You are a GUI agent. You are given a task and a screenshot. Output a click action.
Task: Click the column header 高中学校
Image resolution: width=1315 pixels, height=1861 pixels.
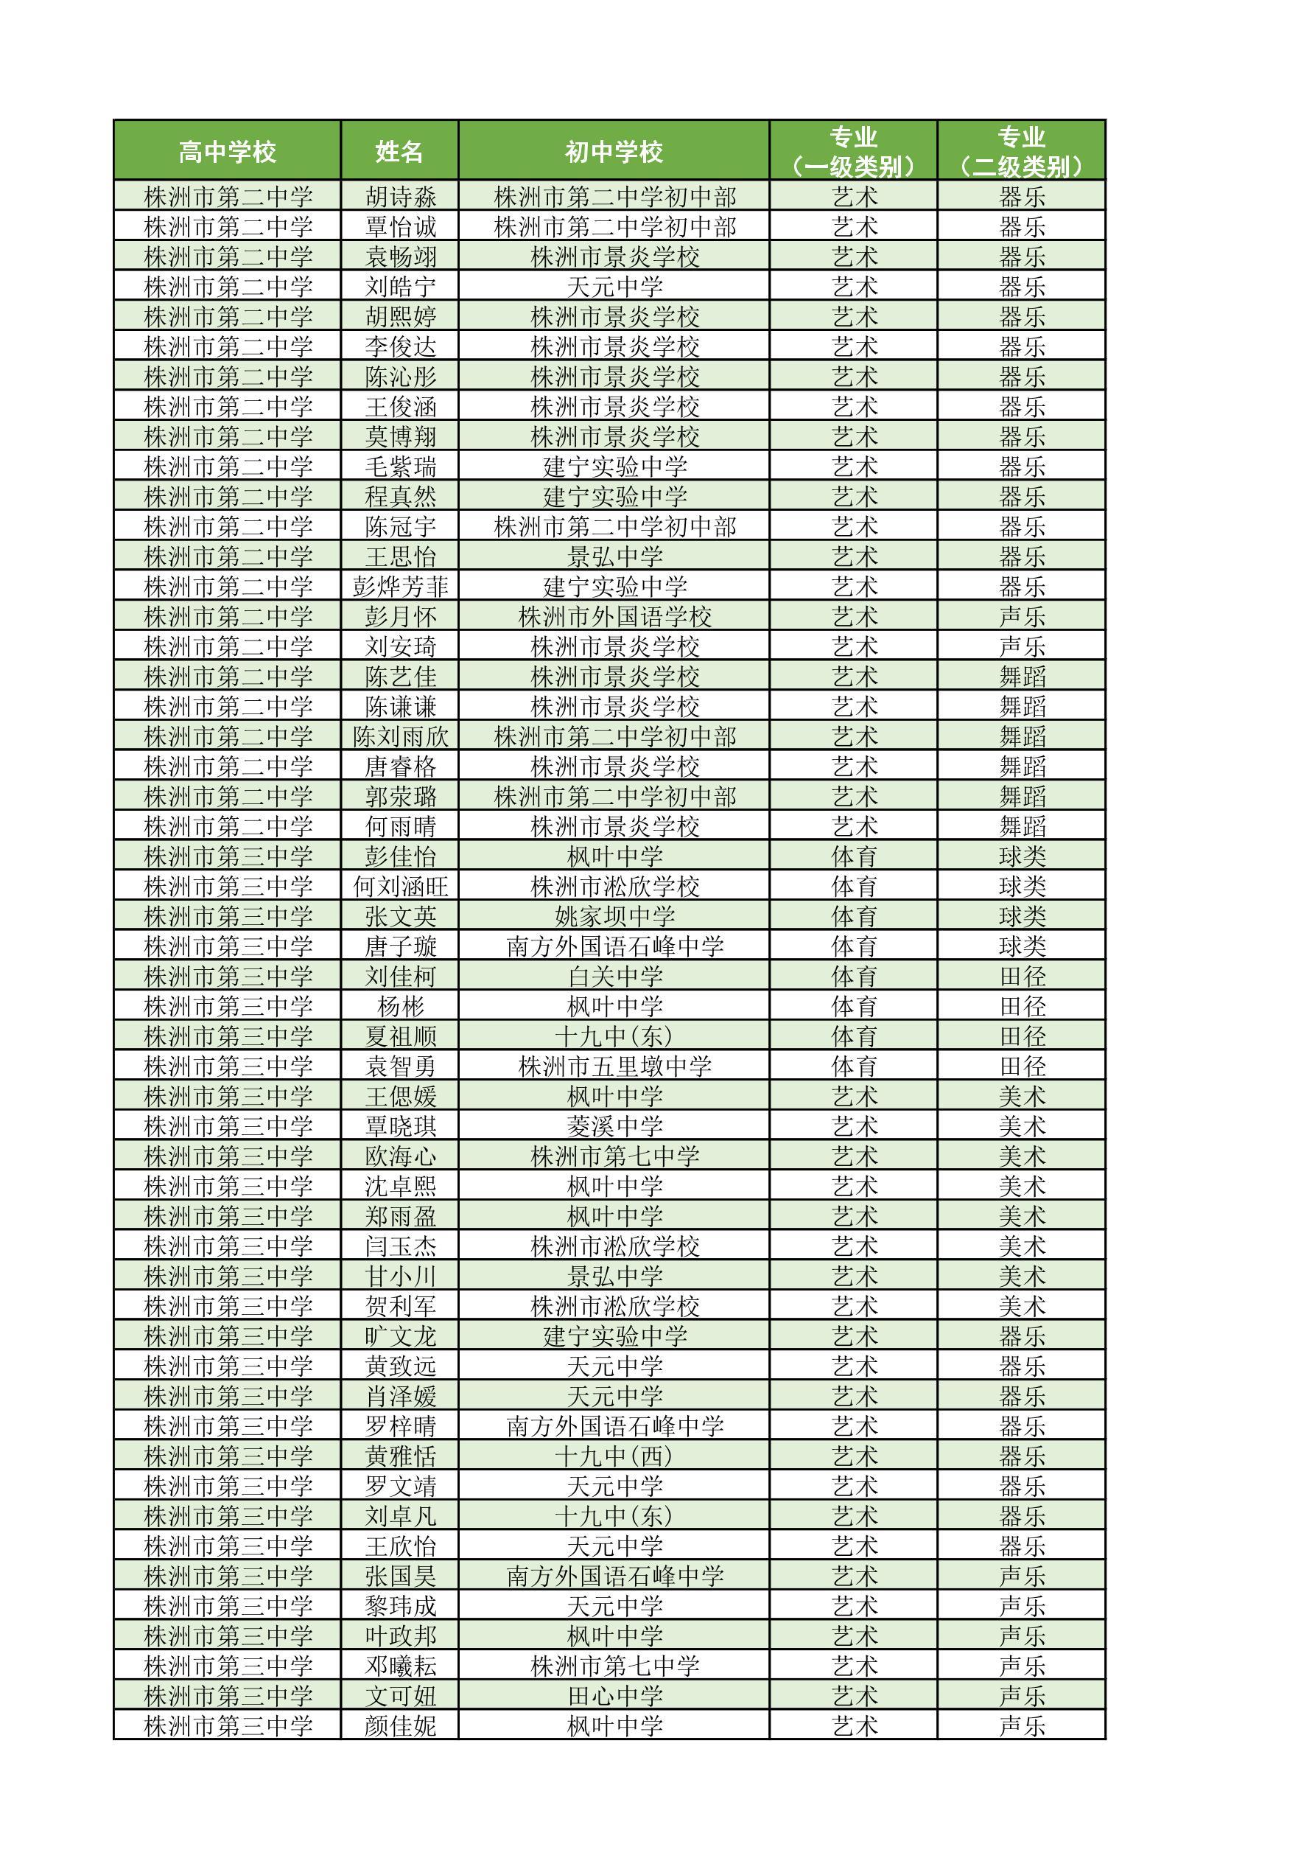click(x=227, y=152)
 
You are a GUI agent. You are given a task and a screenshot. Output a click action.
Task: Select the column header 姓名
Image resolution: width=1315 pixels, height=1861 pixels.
click(x=399, y=152)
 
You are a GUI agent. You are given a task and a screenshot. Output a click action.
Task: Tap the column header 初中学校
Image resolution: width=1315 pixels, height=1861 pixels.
click(x=614, y=152)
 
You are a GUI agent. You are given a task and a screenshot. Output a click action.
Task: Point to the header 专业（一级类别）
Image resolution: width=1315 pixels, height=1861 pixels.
click(x=853, y=152)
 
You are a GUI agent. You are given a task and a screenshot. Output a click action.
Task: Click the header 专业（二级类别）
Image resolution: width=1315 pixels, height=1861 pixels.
click(x=1021, y=152)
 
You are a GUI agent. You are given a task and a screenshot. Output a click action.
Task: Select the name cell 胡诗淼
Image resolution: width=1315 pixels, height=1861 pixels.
click(x=400, y=197)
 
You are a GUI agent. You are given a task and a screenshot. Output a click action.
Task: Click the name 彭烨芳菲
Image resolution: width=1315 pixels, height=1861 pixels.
click(x=400, y=587)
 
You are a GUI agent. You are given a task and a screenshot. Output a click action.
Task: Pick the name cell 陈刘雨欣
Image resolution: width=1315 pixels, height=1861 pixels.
click(x=400, y=737)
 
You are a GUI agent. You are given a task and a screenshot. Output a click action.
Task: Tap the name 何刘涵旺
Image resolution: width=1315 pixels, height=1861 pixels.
click(x=400, y=887)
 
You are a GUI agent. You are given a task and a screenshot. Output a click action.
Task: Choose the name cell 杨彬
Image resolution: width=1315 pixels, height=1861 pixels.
click(x=400, y=1007)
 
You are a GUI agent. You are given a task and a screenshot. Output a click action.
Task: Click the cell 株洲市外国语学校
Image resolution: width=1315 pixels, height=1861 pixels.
click(x=614, y=617)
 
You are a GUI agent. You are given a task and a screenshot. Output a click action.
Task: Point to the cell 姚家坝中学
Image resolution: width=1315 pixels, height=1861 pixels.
click(x=614, y=917)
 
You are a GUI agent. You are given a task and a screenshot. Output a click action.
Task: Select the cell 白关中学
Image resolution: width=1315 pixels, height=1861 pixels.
click(x=614, y=977)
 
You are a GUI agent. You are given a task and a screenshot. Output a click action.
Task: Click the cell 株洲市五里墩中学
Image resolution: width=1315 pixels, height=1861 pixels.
click(x=614, y=1066)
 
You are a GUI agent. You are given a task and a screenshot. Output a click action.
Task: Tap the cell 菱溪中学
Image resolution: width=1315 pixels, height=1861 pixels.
click(x=614, y=1127)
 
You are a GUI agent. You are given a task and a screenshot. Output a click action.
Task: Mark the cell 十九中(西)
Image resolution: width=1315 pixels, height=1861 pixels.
click(x=614, y=1456)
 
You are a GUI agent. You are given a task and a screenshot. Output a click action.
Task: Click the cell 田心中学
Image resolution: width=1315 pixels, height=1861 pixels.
click(x=614, y=1697)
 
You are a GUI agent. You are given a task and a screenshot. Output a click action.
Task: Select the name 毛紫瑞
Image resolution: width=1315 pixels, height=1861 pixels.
click(x=400, y=467)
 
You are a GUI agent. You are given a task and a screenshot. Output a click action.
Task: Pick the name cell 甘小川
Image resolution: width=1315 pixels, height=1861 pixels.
click(x=400, y=1277)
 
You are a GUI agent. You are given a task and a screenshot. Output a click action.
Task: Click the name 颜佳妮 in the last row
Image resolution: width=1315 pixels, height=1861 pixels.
click(x=400, y=1726)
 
